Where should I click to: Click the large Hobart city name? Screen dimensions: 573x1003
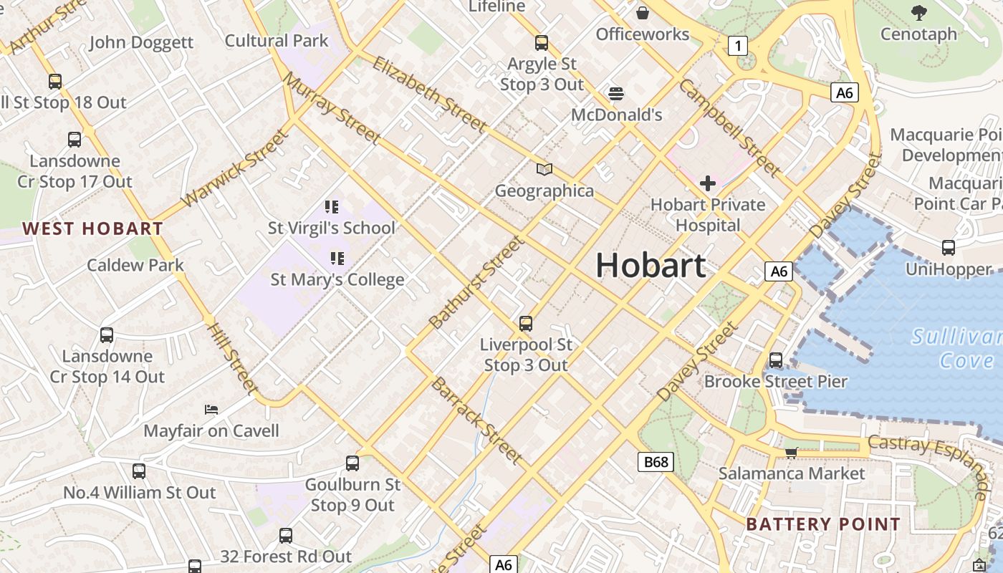click(x=651, y=266)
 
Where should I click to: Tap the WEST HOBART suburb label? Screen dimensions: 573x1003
click(x=92, y=229)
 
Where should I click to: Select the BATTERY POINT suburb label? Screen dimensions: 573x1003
click(x=822, y=524)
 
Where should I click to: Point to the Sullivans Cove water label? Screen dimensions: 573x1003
click(x=956, y=348)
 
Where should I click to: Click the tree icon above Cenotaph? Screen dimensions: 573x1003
click(x=918, y=12)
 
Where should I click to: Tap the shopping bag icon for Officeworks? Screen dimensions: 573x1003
click(x=643, y=12)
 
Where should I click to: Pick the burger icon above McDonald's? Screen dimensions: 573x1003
click(x=616, y=94)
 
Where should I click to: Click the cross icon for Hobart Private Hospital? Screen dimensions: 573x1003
click(x=708, y=183)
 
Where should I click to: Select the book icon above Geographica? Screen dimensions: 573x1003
click(x=544, y=170)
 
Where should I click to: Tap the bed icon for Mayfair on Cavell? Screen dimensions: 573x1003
click(x=211, y=410)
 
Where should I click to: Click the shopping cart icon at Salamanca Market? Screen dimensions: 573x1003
click(x=791, y=452)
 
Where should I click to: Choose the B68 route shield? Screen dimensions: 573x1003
click(x=656, y=462)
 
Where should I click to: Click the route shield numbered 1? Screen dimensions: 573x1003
click(x=737, y=47)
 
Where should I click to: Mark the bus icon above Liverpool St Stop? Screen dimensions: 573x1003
click(x=526, y=324)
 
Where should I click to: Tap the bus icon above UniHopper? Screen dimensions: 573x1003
click(x=949, y=249)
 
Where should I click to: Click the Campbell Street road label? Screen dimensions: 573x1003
click(x=729, y=128)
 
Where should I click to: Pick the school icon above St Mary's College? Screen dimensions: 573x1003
click(x=337, y=259)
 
